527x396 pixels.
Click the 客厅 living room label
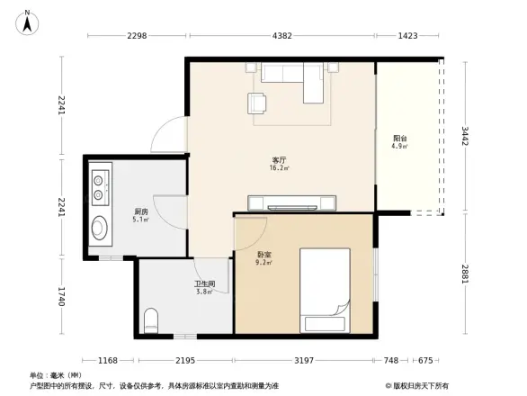(279, 159)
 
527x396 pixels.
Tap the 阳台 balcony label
(398, 138)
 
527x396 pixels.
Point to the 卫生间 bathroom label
(205, 283)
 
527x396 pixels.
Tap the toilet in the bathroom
(152, 319)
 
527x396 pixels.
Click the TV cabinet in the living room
(292, 202)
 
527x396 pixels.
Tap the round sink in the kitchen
(98, 228)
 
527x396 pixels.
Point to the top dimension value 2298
(137, 36)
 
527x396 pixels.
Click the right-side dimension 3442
(464, 136)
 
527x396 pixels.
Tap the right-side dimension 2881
(464, 275)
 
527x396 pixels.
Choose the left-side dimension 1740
(62, 298)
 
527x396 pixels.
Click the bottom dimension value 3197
(303, 361)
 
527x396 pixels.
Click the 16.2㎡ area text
(279, 167)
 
